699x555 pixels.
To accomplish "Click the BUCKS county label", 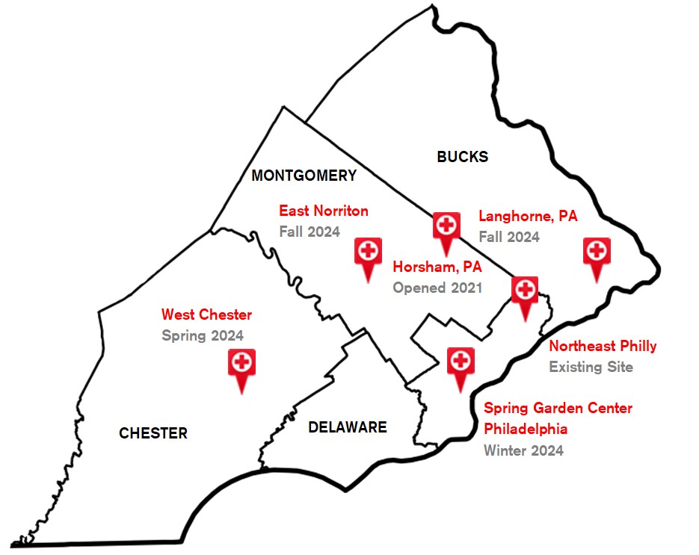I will (x=462, y=157).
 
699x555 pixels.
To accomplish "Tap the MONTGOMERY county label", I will (x=304, y=176).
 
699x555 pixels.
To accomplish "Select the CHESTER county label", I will (x=153, y=433).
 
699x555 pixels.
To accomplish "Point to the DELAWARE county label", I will (x=348, y=427).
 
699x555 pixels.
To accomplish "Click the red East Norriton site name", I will (x=324, y=211).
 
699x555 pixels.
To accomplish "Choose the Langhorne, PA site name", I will (x=528, y=217).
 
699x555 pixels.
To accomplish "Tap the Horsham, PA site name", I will (x=437, y=267).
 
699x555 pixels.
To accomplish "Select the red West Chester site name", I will (x=206, y=314).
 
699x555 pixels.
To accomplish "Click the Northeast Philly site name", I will (x=603, y=346).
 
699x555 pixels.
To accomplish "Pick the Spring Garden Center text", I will (x=558, y=409).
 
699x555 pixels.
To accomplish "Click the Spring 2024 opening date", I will (x=203, y=335).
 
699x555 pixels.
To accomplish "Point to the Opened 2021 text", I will (x=437, y=288).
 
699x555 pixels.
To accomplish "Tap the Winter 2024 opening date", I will (x=523, y=450).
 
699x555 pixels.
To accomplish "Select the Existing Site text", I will (x=591, y=367).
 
